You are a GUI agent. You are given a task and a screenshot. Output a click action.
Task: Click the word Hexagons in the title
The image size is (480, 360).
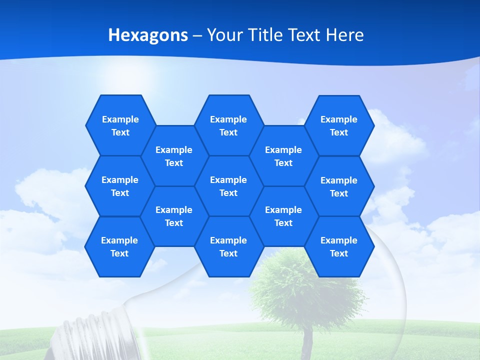tap(148, 35)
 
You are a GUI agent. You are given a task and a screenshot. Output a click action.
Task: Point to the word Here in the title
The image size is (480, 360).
tap(345, 35)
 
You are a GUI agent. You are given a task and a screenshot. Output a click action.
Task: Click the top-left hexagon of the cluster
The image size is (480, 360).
tap(120, 125)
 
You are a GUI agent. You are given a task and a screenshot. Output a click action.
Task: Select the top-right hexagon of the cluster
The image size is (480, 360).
tap(339, 125)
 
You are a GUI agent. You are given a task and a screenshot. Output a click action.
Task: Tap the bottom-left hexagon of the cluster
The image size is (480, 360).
tap(119, 246)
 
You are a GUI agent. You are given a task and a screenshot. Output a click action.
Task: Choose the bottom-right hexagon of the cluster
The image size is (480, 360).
tap(339, 246)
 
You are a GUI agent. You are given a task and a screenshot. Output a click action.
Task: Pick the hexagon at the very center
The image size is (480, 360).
tap(228, 186)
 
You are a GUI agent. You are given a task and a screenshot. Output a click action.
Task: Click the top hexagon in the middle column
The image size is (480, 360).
tap(228, 125)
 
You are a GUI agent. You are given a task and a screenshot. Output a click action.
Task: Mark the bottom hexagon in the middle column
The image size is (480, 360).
tap(228, 246)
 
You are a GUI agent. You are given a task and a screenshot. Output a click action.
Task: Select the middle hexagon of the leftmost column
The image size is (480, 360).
tap(120, 186)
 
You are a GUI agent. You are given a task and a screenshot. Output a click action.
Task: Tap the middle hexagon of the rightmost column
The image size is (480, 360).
tap(339, 186)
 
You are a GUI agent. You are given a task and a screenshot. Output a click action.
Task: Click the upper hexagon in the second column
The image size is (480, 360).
tap(174, 156)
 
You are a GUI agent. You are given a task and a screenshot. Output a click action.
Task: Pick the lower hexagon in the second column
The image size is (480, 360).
tap(174, 216)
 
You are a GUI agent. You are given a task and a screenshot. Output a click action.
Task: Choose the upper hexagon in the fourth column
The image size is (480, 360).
tap(283, 156)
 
